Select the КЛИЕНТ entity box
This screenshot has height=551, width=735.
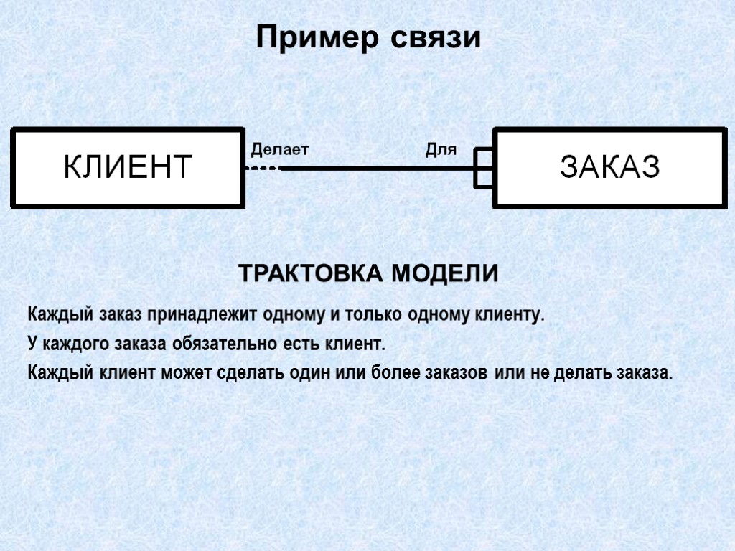127,167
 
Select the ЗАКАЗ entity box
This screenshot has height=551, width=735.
609,167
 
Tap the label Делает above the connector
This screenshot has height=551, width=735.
279,150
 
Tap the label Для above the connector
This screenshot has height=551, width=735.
441,150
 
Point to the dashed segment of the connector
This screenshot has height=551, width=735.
263,169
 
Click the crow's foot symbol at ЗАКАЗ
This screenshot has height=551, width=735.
484,169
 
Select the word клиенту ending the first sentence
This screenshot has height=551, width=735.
507,315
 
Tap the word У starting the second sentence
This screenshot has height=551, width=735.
32,344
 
